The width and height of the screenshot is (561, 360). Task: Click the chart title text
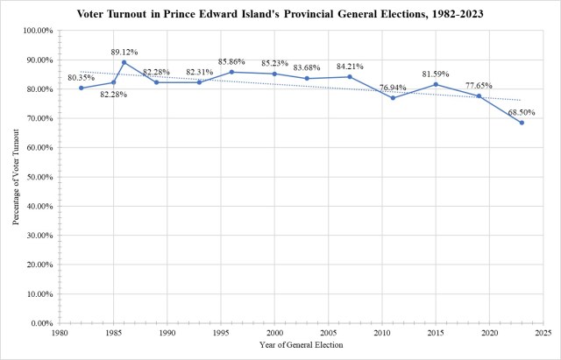pos(280,15)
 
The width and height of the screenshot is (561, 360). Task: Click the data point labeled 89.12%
pos(124,62)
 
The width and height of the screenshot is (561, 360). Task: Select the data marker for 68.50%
pos(521,123)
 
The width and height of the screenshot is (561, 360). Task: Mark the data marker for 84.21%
pos(350,76)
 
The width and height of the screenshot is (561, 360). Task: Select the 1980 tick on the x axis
pos(60,334)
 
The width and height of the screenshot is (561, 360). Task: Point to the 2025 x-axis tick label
pos(542,334)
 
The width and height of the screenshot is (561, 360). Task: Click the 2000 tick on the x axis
pos(274,334)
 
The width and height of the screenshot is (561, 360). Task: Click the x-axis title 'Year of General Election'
pos(301,344)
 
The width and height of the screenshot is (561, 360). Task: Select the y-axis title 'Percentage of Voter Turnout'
pos(17,177)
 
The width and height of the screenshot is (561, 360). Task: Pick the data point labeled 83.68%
pos(307,78)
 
